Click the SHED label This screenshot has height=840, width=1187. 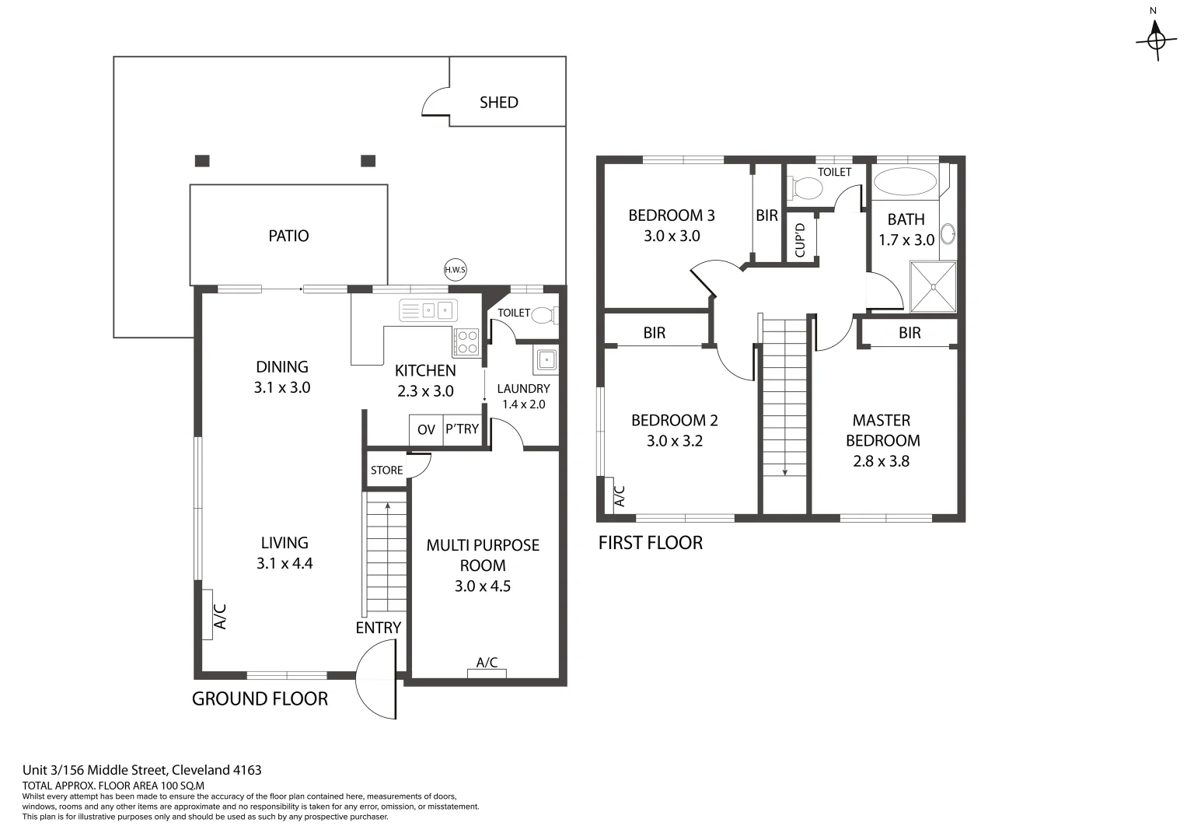tap(498, 103)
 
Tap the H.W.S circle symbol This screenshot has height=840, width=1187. tap(455, 270)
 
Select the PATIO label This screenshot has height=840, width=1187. tap(288, 236)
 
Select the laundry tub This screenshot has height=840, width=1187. tap(546, 360)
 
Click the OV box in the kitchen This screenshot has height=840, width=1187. tap(426, 429)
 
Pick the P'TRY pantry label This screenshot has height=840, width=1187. tap(462, 429)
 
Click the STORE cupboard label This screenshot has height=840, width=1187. tap(386, 471)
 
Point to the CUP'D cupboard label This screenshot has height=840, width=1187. tap(800, 240)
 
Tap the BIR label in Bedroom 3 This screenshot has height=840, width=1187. tap(766, 215)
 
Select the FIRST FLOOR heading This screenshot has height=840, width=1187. tap(650, 543)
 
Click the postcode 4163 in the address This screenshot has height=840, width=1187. tap(247, 770)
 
